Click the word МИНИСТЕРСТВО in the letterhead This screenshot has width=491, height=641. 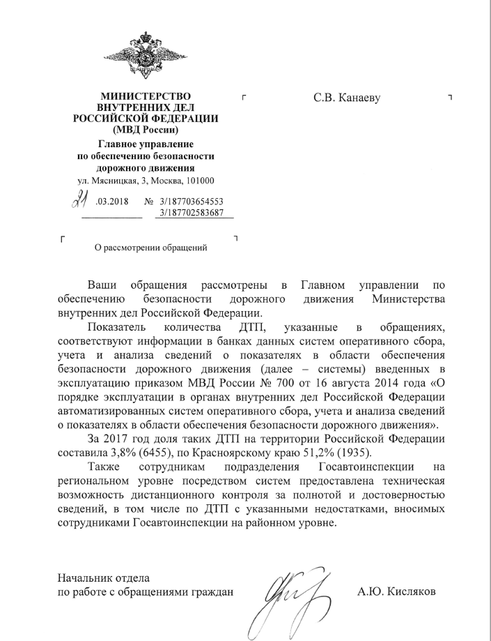pos(145,96)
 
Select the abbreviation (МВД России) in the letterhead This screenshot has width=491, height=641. pos(145,130)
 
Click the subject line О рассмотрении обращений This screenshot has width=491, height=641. pos(151,246)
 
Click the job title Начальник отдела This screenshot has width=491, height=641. pos(103,578)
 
